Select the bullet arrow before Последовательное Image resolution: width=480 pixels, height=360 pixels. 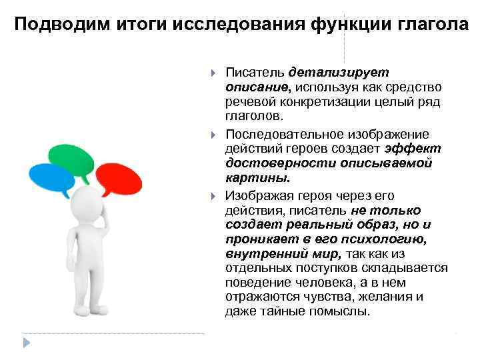click(x=213, y=135)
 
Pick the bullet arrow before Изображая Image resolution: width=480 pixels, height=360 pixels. click(x=213, y=197)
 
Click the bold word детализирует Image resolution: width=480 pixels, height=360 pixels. click(x=339, y=72)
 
